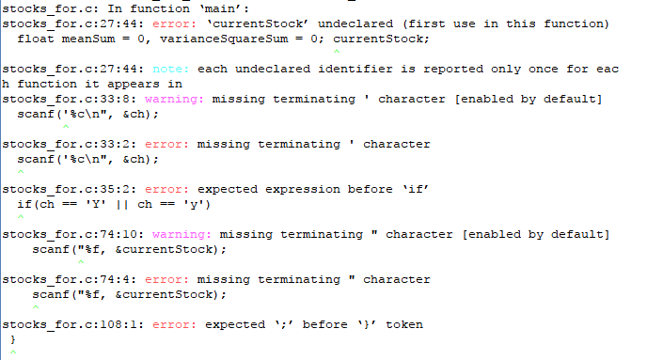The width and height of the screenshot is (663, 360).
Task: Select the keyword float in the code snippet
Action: click(35, 39)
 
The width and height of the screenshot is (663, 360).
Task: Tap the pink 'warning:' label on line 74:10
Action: click(182, 234)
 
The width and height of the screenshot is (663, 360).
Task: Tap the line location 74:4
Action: click(118, 279)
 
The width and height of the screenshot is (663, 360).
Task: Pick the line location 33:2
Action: click(118, 144)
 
